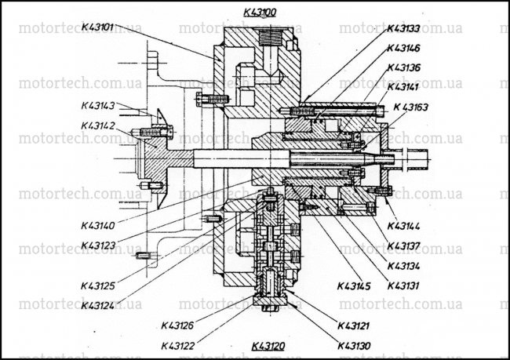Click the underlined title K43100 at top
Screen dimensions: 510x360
260,13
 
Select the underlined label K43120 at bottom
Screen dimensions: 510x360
268,346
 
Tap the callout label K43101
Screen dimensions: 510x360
97,27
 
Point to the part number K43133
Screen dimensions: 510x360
403,28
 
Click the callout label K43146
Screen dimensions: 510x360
403,48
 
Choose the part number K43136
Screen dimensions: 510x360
403,67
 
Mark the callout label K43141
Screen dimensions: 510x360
403,87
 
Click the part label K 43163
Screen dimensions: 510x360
411,107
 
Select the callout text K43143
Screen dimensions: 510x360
98,106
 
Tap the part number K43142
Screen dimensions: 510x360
98,125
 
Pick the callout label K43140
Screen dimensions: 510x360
98,225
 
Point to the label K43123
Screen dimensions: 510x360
98,245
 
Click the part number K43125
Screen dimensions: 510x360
98,285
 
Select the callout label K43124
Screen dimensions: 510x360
98,305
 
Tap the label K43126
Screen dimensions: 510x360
178,325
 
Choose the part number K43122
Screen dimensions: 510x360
178,346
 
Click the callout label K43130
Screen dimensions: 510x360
354,346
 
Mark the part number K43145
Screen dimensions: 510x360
354,286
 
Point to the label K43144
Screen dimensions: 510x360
403,226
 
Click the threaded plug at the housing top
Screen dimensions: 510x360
270,36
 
